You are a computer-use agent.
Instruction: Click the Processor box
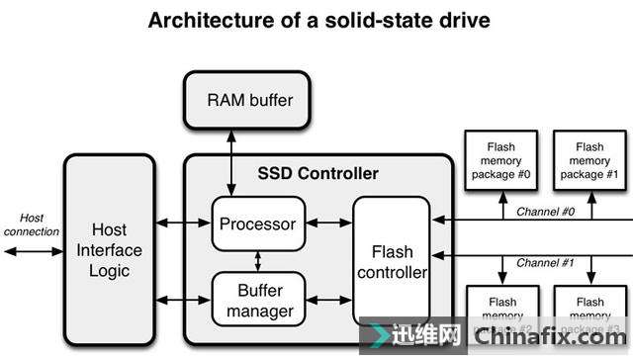click(258, 224)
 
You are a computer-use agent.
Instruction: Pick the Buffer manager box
click(258, 302)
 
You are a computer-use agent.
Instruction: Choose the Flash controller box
click(392, 261)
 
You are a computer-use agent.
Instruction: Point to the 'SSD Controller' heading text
click(319, 174)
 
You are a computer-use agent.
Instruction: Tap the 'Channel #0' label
click(545, 211)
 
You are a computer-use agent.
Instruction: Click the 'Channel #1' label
click(545, 263)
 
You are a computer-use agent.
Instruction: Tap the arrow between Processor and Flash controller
click(328, 224)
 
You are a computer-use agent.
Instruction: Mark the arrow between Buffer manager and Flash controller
click(328, 299)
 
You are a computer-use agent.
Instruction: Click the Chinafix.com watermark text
click(560, 337)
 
